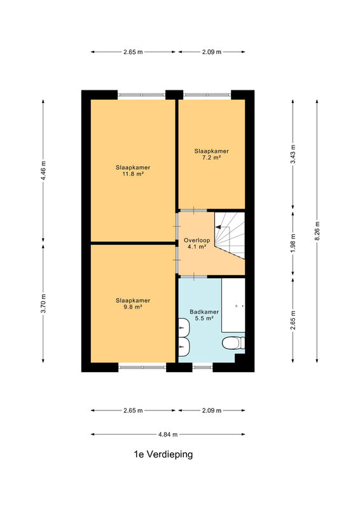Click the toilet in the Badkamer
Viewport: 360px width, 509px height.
[x=233, y=343]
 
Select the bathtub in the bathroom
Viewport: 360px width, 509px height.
[x=233, y=305]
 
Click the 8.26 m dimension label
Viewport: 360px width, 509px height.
[x=317, y=231]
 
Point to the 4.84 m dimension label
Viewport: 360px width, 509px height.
[x=168, y=435]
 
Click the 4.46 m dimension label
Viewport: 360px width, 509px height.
[x=43, y=171]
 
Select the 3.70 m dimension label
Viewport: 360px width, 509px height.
[x=43, y=303]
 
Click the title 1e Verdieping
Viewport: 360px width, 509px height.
[x=163, y=454]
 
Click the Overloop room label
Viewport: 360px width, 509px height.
[x=197, y=241]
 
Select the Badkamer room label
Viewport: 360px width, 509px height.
[x=204, y=312]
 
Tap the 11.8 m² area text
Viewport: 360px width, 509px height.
[x=133, y=174]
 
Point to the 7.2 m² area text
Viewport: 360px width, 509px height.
[x=212, y=157]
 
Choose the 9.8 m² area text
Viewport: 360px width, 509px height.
[x=133, y=307]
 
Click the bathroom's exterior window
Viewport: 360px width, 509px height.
[x=202, y=367]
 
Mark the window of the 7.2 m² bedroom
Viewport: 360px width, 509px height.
[x=207, y=95]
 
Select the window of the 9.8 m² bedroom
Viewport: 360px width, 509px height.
[x=142, y=367]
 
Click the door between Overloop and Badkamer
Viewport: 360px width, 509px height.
[x=194, y=277]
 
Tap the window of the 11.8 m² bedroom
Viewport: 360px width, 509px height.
[x=142, y=95]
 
